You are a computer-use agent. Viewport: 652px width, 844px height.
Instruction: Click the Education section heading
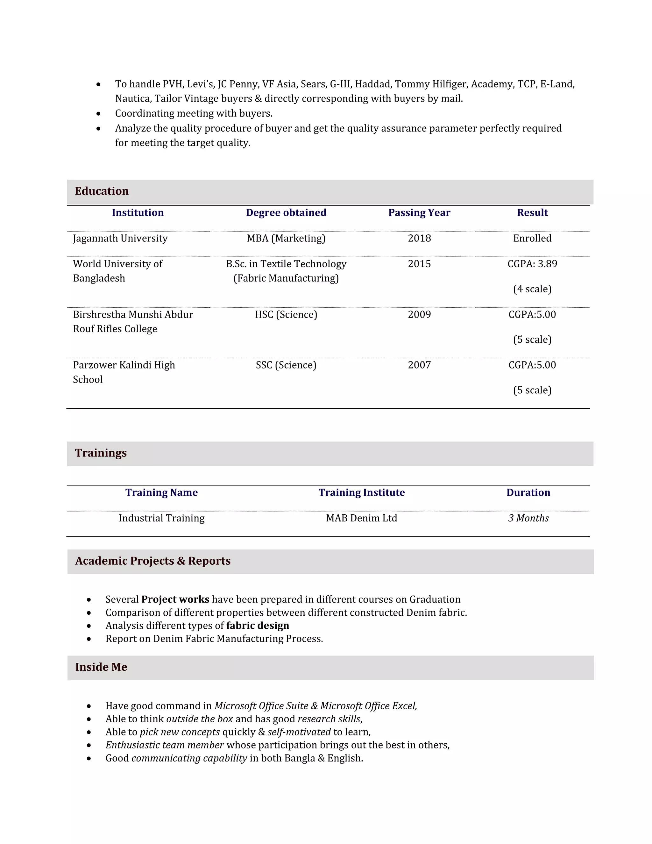[102, 191]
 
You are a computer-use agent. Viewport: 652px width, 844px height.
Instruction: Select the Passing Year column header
[419, 212]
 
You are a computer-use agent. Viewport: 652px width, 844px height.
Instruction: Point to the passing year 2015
[419, 264]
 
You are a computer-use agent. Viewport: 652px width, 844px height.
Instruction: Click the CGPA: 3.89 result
[532, 264]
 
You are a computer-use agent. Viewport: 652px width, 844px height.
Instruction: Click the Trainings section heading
[101, 453]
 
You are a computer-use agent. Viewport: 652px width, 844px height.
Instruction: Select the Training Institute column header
[362, 492]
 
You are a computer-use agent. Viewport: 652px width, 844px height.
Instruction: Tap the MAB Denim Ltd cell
[362, 518]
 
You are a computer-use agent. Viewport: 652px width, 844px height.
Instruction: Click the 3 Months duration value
[528, 518]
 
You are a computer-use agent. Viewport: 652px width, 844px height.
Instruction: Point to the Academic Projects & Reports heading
[152, 561]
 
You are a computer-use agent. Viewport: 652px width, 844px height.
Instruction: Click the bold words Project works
[175, 599]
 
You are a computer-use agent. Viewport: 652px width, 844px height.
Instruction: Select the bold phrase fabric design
[258, 625]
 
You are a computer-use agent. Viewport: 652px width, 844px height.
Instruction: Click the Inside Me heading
[101, 667]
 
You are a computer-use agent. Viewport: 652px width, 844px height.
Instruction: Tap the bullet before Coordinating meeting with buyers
[98, 114]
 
